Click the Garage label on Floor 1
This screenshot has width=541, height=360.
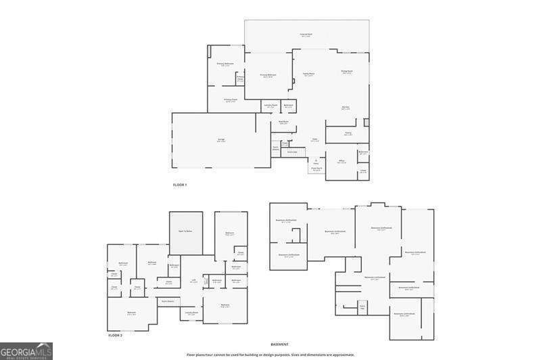(221, 141)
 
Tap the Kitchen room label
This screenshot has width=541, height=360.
(345, 108)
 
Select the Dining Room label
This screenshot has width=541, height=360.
(347, 72)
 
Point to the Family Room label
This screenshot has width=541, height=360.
(308, 75)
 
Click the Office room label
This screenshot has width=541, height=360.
(342, 162)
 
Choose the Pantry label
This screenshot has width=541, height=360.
(348, 134)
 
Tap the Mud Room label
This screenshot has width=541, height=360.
(284, 122)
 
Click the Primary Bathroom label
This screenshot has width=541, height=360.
(225, 64)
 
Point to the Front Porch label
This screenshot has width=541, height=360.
(316, 168)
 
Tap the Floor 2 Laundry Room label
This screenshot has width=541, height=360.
(191, 313)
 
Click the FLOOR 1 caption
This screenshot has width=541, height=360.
(180, 185)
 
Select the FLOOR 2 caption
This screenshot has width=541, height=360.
(115, 335)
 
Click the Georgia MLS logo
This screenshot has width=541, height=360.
(26, 351)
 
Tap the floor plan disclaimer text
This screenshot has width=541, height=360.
(270, 355)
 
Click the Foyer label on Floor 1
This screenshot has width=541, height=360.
(314, 140)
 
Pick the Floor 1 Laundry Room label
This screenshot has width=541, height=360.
(270, 106)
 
